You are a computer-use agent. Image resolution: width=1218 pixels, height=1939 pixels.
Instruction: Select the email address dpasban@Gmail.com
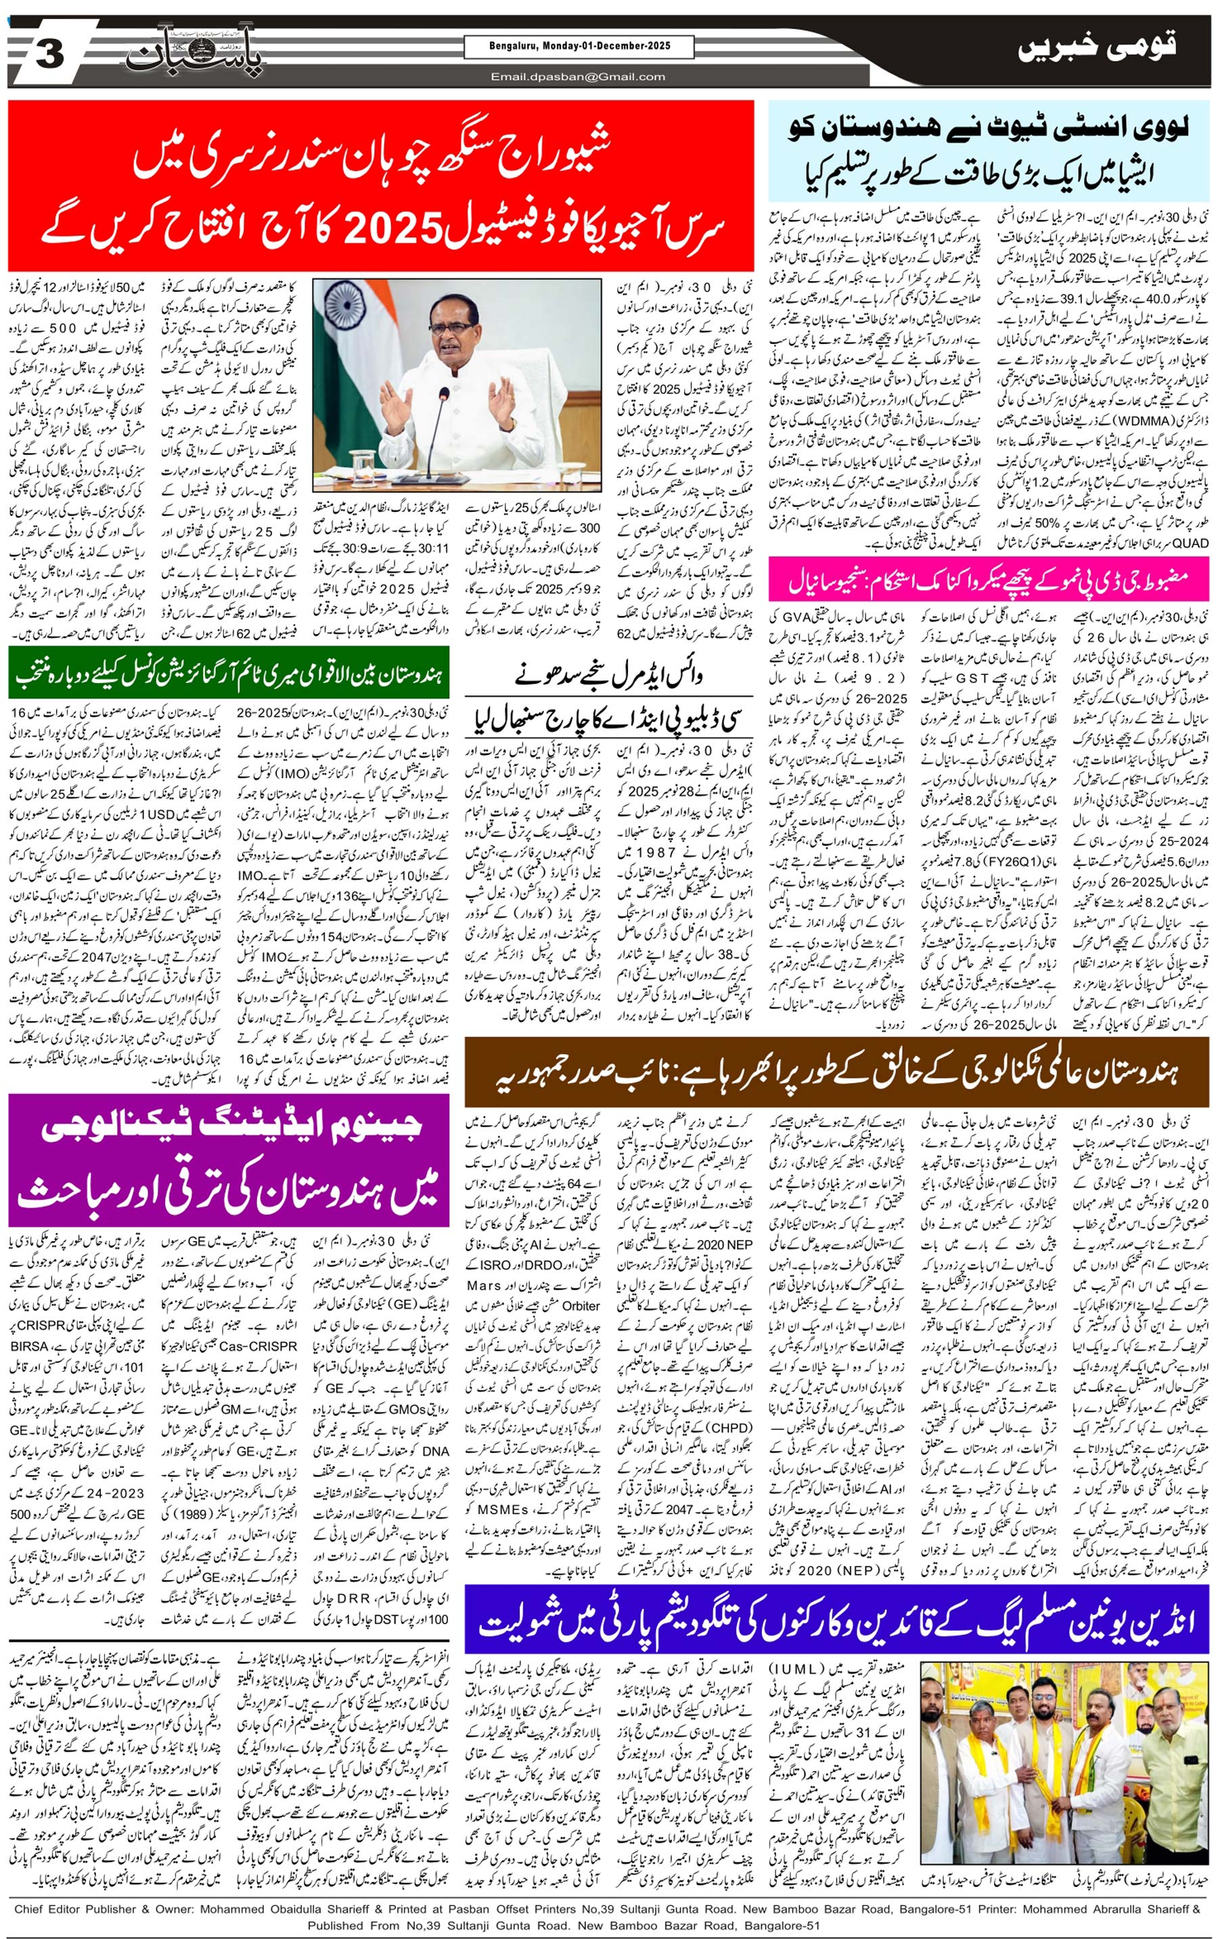pos(579,77)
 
